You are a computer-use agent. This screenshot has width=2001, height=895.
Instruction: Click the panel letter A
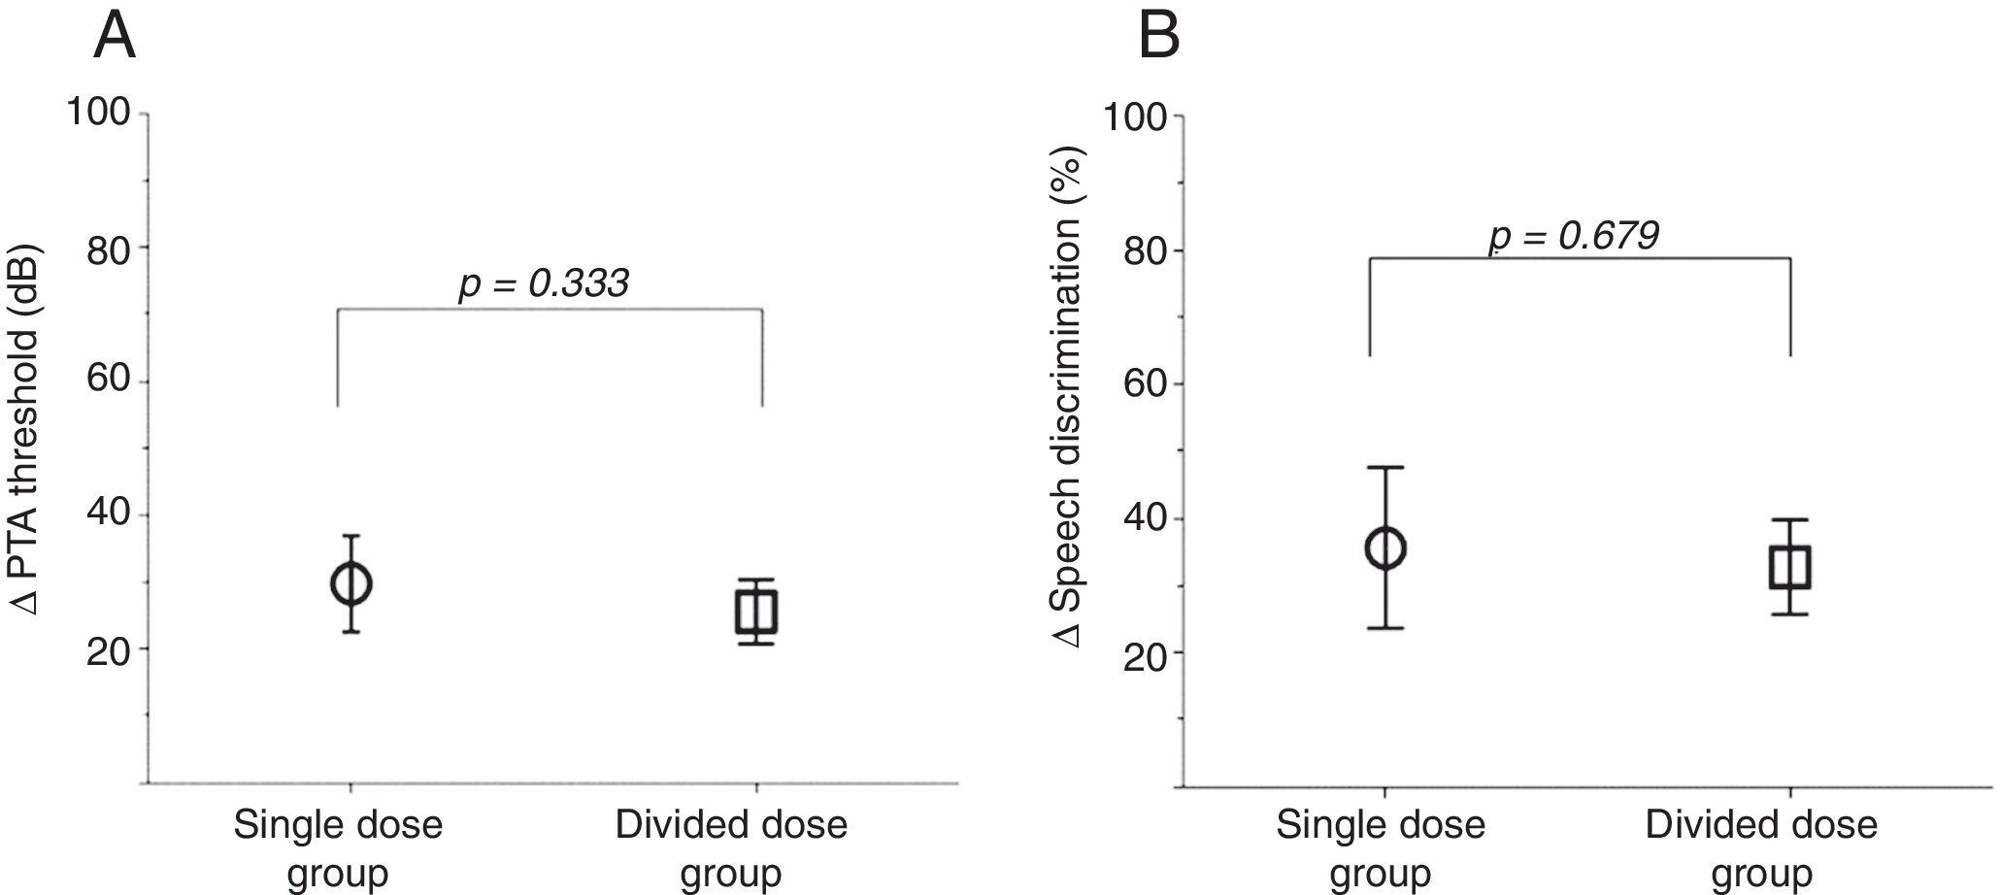(115, 39)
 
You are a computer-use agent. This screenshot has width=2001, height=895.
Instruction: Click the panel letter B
(1159, 39)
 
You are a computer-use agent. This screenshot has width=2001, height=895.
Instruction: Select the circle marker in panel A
(350, 584)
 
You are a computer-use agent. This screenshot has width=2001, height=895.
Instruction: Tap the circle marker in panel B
(1385, 548)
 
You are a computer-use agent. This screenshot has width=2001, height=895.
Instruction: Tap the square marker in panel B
(1789, 567)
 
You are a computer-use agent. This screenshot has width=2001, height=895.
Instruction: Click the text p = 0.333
(544, 283)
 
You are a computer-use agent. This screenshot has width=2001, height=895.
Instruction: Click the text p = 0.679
(1574, 236)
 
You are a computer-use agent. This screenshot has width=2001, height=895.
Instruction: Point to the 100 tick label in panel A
(97, 113)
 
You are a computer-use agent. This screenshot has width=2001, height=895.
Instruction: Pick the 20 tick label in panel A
(107, 652)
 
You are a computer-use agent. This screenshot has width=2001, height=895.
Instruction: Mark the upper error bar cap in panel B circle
(1385, 468)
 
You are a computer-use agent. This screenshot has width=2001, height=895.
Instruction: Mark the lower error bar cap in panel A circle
(350, 632)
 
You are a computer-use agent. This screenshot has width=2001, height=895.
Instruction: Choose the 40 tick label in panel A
(107, 515)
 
